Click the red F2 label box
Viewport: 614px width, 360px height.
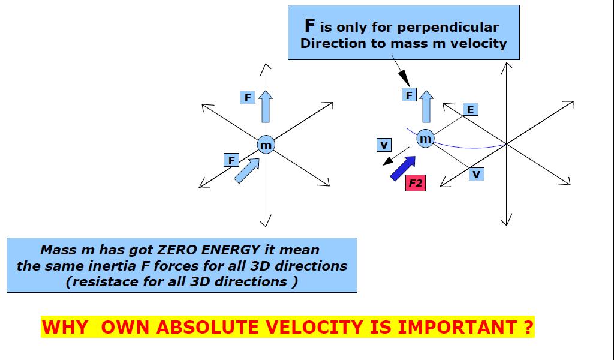click(416, 183)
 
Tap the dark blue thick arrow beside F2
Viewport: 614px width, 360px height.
click(403, 167)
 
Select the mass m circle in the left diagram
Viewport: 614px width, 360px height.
click(266, 145)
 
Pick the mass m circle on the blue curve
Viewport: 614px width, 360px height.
click(425, 139)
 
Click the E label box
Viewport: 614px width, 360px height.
click(471, 109)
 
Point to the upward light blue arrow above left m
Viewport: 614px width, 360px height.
click(266, 107)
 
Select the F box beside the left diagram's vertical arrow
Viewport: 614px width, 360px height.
click(248, 97)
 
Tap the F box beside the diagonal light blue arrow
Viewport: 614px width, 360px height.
click(231, 160)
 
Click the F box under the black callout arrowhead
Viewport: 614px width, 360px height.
click(409, 95)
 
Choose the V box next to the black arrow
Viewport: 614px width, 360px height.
click(384, 145)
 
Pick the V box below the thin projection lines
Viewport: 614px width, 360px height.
click(476, 174)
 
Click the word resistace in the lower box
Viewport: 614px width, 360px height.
click(108, 281)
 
